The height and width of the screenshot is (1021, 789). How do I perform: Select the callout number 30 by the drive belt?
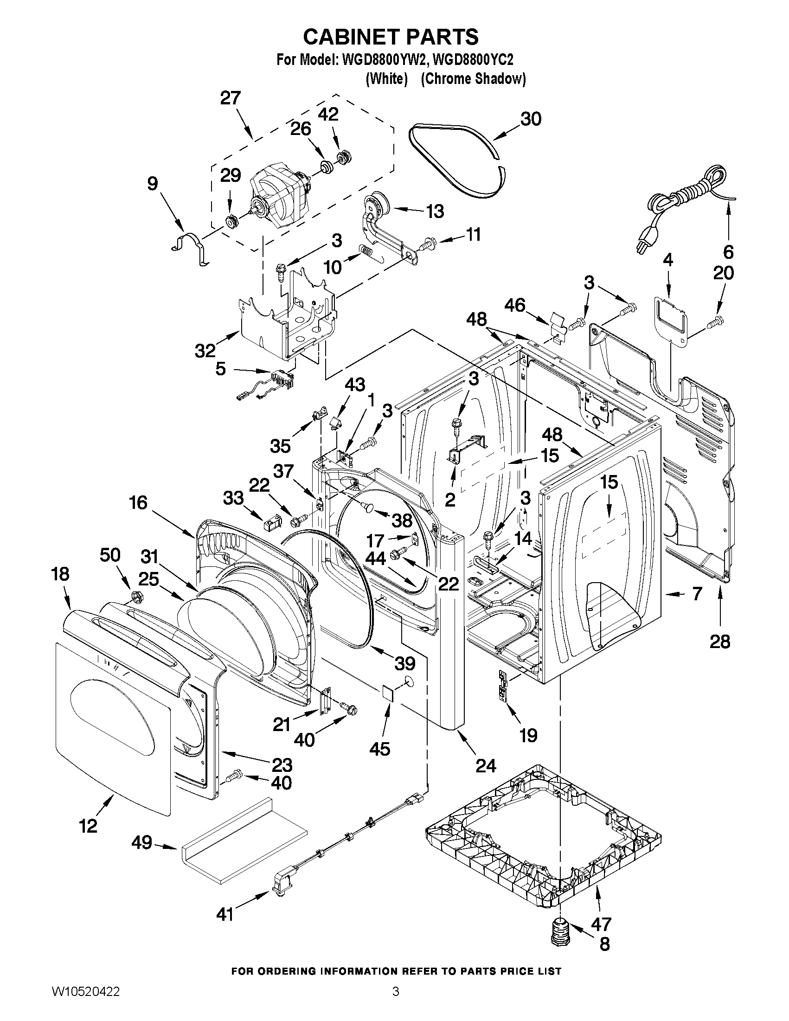pyautogui.click(x=531, y=119)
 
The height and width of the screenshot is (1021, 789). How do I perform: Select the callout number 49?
pyautogui.click(x=141, y=842)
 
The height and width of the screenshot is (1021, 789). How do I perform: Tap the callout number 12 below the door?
pyautogui.click(x=88, y=826)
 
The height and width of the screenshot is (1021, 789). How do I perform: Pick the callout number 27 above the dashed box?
pyautogui.click(x=231, y=98)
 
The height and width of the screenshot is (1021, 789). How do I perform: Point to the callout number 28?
pyautogui.click(x=719, y=642)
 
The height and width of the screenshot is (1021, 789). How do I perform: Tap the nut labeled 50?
pyautogui.click(x=135, y=597)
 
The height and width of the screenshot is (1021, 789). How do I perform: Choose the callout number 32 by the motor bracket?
pyautogui.click(x=205, y=350)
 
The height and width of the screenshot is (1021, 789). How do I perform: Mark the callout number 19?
pyautogui.click(x=528, y=736)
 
